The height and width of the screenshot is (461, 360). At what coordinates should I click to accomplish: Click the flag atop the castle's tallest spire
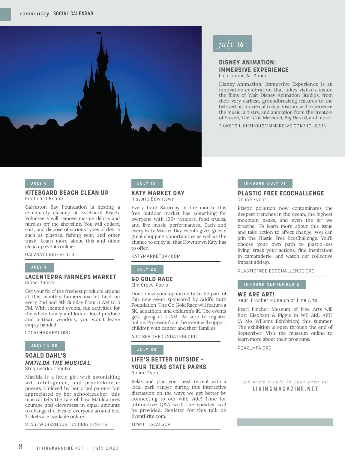click(x=99, y=33)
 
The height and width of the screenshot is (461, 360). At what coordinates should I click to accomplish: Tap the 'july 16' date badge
click(x=232, y=44)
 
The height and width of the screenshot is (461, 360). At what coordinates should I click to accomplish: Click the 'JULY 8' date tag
click(x=39, y=183)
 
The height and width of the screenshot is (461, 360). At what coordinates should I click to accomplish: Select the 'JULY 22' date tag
click(x=147, y=269)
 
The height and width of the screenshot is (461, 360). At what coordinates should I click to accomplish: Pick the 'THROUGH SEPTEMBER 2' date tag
click(x=271, y=284)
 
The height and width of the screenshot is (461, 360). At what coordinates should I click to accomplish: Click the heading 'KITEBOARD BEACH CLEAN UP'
click(x=67, y=193)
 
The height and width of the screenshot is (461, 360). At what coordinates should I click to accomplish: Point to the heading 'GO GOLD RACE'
click(x=152, y=279)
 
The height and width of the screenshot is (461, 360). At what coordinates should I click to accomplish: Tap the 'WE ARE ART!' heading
click(x=256, y=294)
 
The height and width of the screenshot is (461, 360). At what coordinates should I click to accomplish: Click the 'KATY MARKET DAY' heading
click(x=158, y=193)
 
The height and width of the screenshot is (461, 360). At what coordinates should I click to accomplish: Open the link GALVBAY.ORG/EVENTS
click(x=49, y=254)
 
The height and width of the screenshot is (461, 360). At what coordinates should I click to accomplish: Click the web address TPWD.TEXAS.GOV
click(x=151, y=424)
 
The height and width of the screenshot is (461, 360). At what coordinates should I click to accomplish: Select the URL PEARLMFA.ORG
click(x=254, y=348)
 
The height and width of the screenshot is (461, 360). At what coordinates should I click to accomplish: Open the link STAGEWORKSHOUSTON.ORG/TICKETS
click(x=66, y=424)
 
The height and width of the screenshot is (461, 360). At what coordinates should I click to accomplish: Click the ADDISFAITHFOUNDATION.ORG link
click(x=164, y=336)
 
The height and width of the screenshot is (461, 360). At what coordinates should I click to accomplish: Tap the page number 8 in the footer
click(x=20, y=447)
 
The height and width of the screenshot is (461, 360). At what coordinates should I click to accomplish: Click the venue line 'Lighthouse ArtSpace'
click(x=243, y=76)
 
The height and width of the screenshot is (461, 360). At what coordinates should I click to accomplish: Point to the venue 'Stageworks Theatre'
click(x=48, y=369)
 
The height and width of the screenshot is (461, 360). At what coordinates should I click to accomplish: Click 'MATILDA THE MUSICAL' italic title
click(x=58, y=363)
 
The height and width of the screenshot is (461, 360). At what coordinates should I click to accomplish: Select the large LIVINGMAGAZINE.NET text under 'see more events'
click(x=285, y=389)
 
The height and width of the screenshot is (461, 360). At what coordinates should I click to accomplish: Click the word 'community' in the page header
click(x=34, y=13)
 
